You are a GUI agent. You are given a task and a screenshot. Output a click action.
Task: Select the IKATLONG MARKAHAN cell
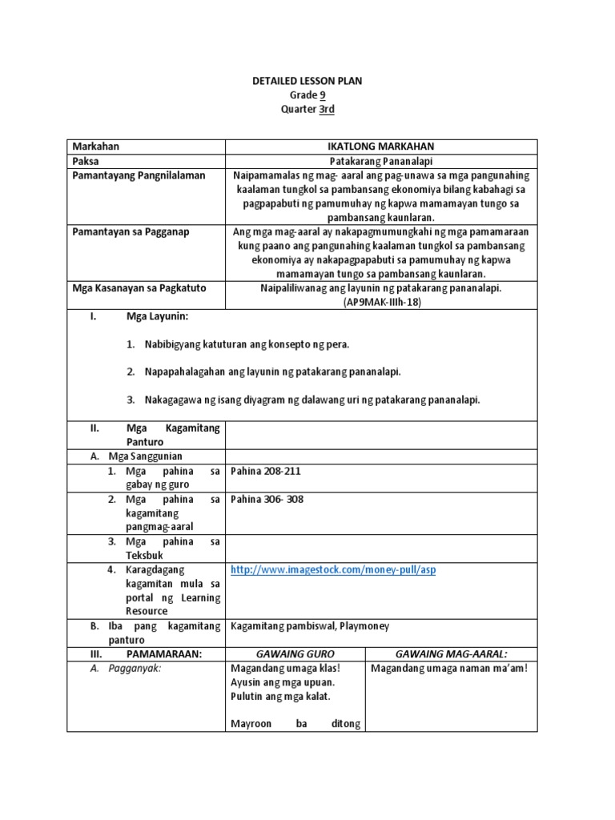(381, 147)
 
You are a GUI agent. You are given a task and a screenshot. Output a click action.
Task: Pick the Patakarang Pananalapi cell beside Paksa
(381, 161)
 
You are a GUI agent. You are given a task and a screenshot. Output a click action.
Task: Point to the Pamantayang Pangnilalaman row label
(139, 175)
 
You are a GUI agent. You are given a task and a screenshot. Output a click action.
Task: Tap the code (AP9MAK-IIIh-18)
(381, 303)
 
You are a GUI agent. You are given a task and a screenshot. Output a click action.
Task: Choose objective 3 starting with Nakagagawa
(312, 400)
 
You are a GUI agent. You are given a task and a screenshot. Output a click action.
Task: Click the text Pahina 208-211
(265, 471)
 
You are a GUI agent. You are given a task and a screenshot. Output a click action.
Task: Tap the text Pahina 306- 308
(267, 500)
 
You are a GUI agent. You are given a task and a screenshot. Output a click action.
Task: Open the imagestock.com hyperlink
(333, 569)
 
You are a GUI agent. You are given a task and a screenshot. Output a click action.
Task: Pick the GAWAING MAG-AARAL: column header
(452, 654)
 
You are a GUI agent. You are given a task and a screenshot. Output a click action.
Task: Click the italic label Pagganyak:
(135, 669)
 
